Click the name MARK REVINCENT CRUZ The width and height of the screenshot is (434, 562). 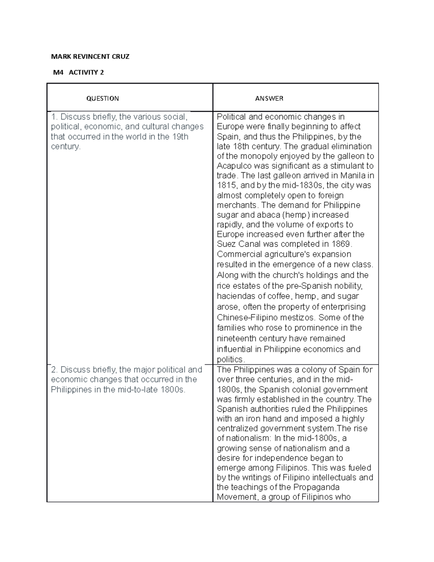pos(90,56)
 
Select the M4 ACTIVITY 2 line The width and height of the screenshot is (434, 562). pos(78,72)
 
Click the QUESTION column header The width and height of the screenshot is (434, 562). pos(102,98)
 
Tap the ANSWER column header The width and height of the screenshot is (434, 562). pos(269,98)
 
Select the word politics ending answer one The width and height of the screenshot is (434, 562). pos(230,360)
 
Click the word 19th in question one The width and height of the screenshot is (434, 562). pos(180,137)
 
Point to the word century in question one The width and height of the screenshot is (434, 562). pos(65,147)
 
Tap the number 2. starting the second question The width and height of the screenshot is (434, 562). pos(55,370)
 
